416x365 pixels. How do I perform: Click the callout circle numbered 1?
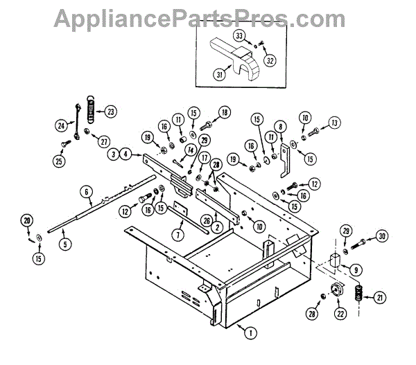coord(248,332)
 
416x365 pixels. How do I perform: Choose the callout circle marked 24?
coord(61,125)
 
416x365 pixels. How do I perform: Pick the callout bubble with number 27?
coord(105,141)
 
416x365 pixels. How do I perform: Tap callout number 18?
coord(225,112)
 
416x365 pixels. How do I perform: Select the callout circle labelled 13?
coord(335,123)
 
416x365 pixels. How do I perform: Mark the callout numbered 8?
coord(280,127)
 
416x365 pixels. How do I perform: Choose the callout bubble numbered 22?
coord(342,314)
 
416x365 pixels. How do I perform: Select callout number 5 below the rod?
coord(64,244)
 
